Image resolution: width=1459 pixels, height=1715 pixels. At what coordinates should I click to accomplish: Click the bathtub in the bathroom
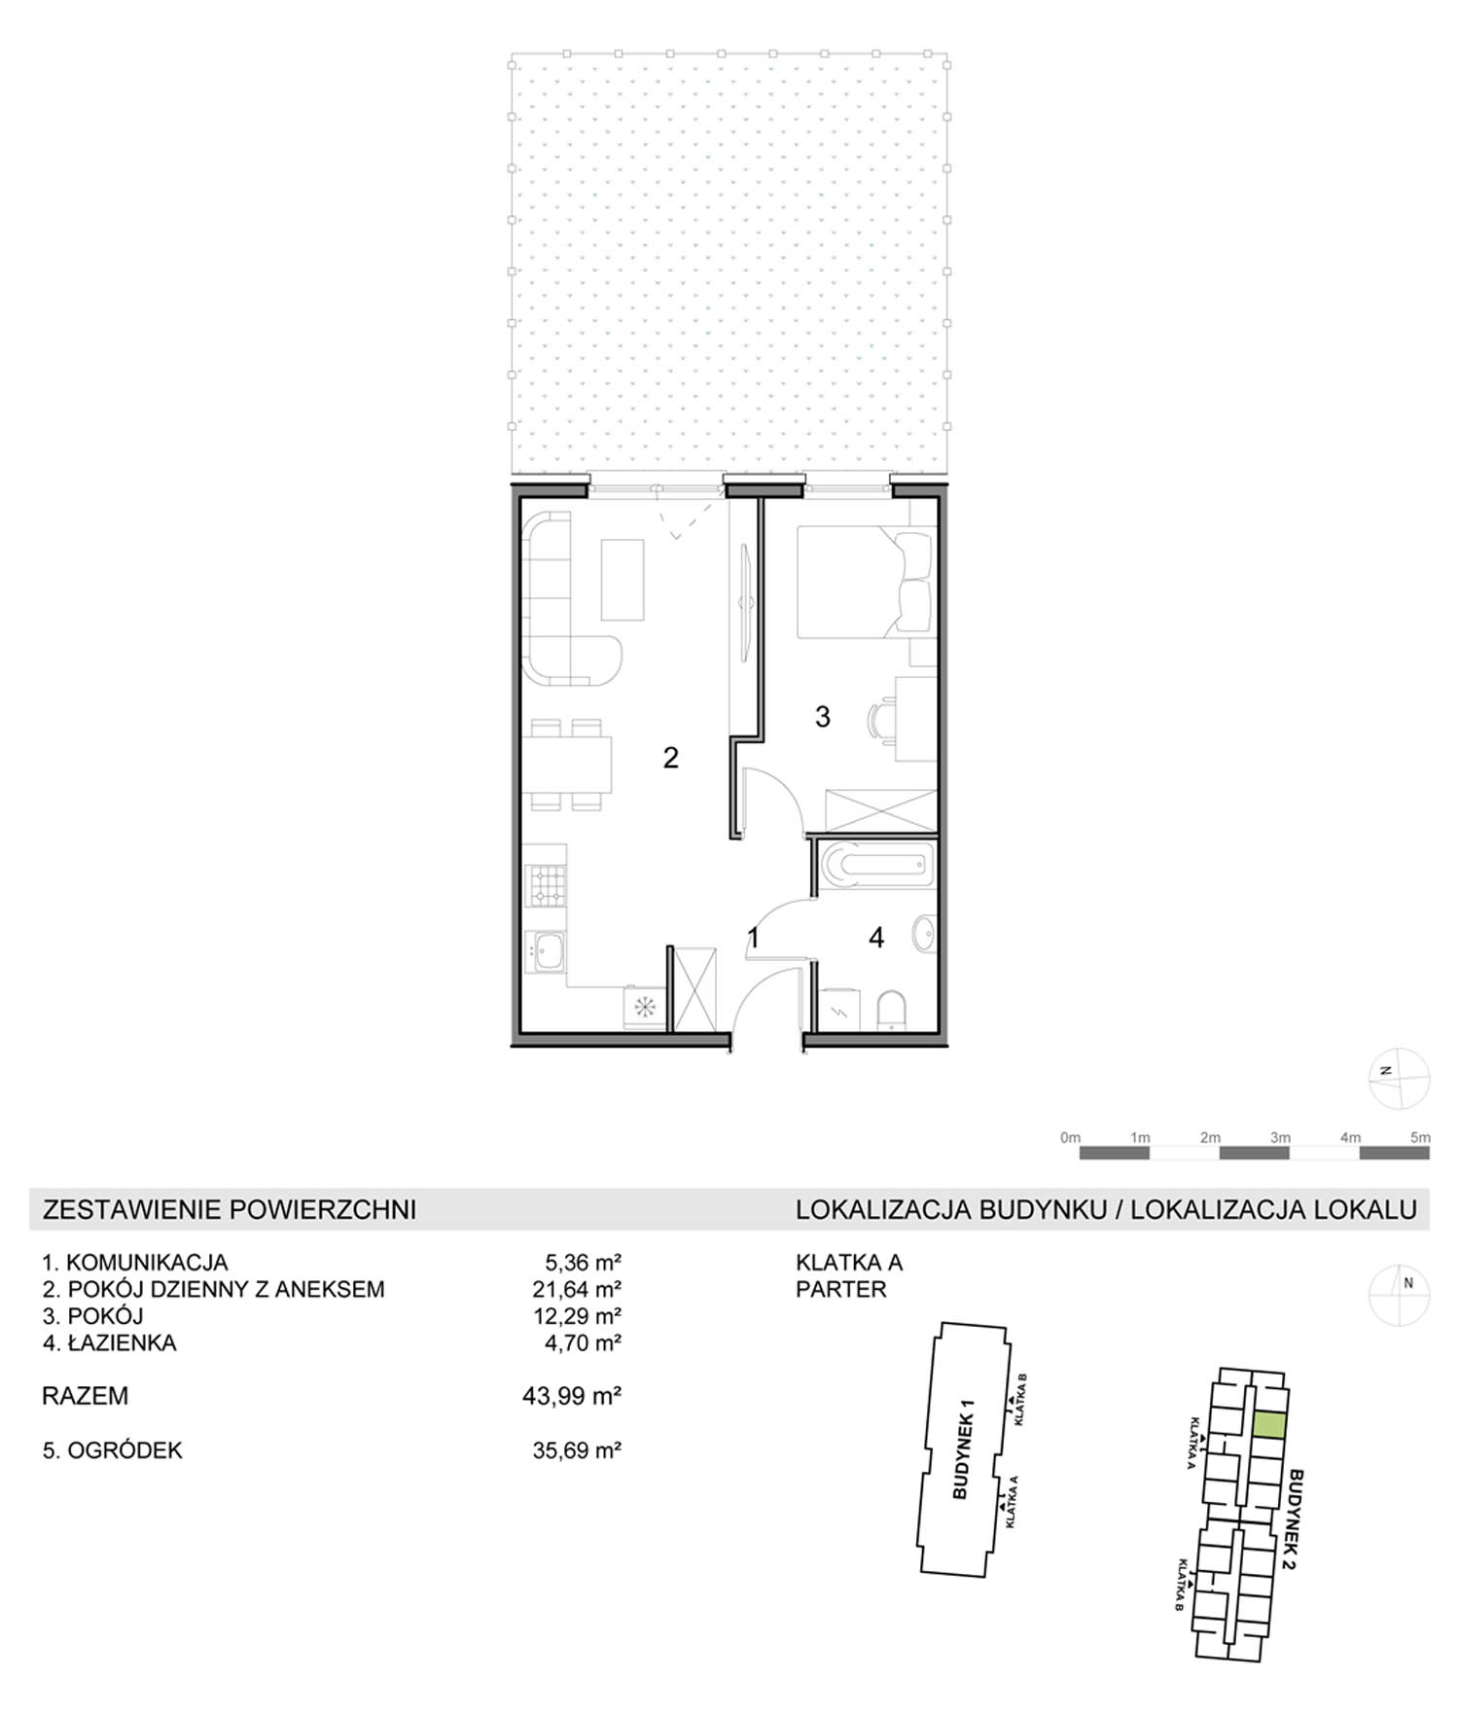876,865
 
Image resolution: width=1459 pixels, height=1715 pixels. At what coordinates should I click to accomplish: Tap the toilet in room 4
891,1011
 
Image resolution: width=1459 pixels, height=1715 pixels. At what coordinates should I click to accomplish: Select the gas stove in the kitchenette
545,886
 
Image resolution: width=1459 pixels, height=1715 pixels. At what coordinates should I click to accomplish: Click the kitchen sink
545,950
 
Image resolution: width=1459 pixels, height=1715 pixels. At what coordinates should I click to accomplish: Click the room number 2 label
670,758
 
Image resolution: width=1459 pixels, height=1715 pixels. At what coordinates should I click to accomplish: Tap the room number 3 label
822,717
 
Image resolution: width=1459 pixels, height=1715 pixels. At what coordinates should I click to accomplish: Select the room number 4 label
876,938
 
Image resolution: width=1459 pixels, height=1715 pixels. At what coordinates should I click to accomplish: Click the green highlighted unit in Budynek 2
1269,1425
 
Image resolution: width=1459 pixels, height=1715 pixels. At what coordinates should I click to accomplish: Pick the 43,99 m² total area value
572,1396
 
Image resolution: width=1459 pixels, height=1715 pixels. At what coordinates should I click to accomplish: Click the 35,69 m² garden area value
577,1450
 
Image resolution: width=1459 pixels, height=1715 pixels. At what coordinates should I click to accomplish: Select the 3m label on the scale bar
1280,1137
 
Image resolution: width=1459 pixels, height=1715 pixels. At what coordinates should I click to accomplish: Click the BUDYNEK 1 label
964,1448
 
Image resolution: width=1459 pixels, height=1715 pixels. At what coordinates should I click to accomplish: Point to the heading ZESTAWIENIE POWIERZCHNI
230,1209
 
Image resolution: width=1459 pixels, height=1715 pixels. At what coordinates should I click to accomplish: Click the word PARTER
841,1289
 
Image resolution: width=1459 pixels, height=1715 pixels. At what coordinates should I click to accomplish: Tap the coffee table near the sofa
623,580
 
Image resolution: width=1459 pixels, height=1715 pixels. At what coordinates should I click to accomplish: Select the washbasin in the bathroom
924,936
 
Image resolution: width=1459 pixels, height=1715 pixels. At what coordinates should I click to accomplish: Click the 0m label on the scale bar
1070,1137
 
